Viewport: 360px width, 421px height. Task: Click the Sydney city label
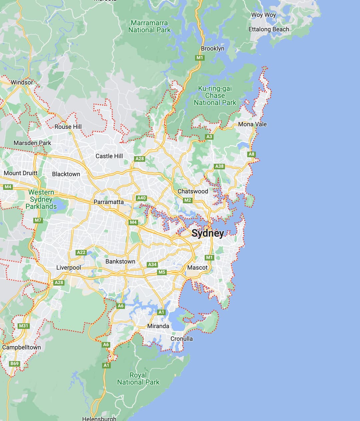click(208, 233)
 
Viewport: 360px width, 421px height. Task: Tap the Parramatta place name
click(108, 202)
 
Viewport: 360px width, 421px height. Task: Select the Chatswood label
click(193, 191)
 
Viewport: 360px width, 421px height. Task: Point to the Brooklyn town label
click(212, 49)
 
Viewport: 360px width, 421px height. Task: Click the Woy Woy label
click(263, 15)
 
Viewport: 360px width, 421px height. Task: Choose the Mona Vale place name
click(252, 124)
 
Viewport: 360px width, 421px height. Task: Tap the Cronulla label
click(182, 339)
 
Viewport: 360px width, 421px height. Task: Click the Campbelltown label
click(22, 347)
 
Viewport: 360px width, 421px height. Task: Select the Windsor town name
click(22, 82)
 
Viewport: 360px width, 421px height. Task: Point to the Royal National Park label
click(138, 379)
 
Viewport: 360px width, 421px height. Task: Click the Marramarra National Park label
click(149, 26)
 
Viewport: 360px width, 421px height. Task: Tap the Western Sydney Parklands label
click(41, 199)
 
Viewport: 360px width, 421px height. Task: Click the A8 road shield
click(252, 154)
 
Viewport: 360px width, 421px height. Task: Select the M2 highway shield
click(188, 200)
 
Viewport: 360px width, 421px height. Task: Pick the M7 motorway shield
click(38, 220)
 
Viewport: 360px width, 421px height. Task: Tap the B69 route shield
click(14, 364)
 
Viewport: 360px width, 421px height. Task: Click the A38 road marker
click(219, 166)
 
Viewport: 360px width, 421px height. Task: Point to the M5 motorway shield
click(162, 272)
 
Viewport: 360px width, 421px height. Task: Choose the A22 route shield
click(81, 252)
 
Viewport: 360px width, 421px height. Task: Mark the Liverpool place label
click(69, 268)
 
